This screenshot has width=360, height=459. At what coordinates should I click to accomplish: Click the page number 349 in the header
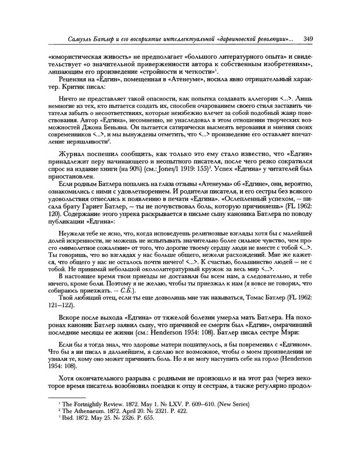308,38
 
